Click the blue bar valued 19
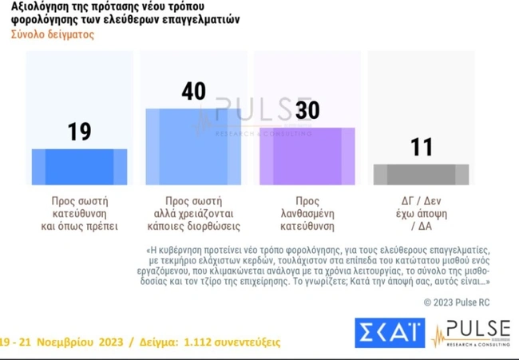click(79, 167)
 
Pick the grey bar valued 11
click(421, 175)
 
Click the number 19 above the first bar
click(79, 132)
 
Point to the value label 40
click(193, 91)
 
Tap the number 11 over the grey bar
click(421, 147)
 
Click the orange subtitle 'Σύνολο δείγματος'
click(53, 34)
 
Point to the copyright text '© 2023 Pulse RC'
click(458, 302)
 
